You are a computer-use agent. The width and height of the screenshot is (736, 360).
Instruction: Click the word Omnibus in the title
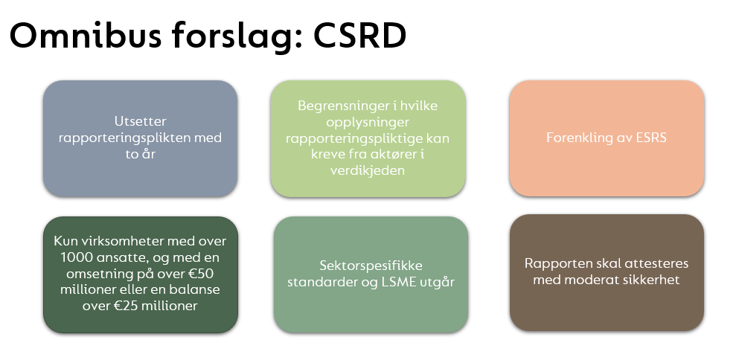pos(86,36)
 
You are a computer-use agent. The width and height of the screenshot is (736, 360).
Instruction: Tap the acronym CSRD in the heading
pos(359,36)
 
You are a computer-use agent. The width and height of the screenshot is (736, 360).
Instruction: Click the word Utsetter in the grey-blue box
pos(140,121)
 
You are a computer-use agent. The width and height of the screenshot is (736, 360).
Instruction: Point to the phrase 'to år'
pos(140,153)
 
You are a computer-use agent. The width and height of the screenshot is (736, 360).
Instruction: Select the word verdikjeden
pos(367,170)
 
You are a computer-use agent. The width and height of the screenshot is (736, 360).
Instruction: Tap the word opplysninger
pos(368,123)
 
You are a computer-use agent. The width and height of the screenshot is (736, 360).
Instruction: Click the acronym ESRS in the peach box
pos(650,138)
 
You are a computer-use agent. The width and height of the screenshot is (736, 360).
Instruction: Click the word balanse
pos(197,289)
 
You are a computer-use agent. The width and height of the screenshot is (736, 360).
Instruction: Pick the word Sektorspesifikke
pos(371,266)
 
